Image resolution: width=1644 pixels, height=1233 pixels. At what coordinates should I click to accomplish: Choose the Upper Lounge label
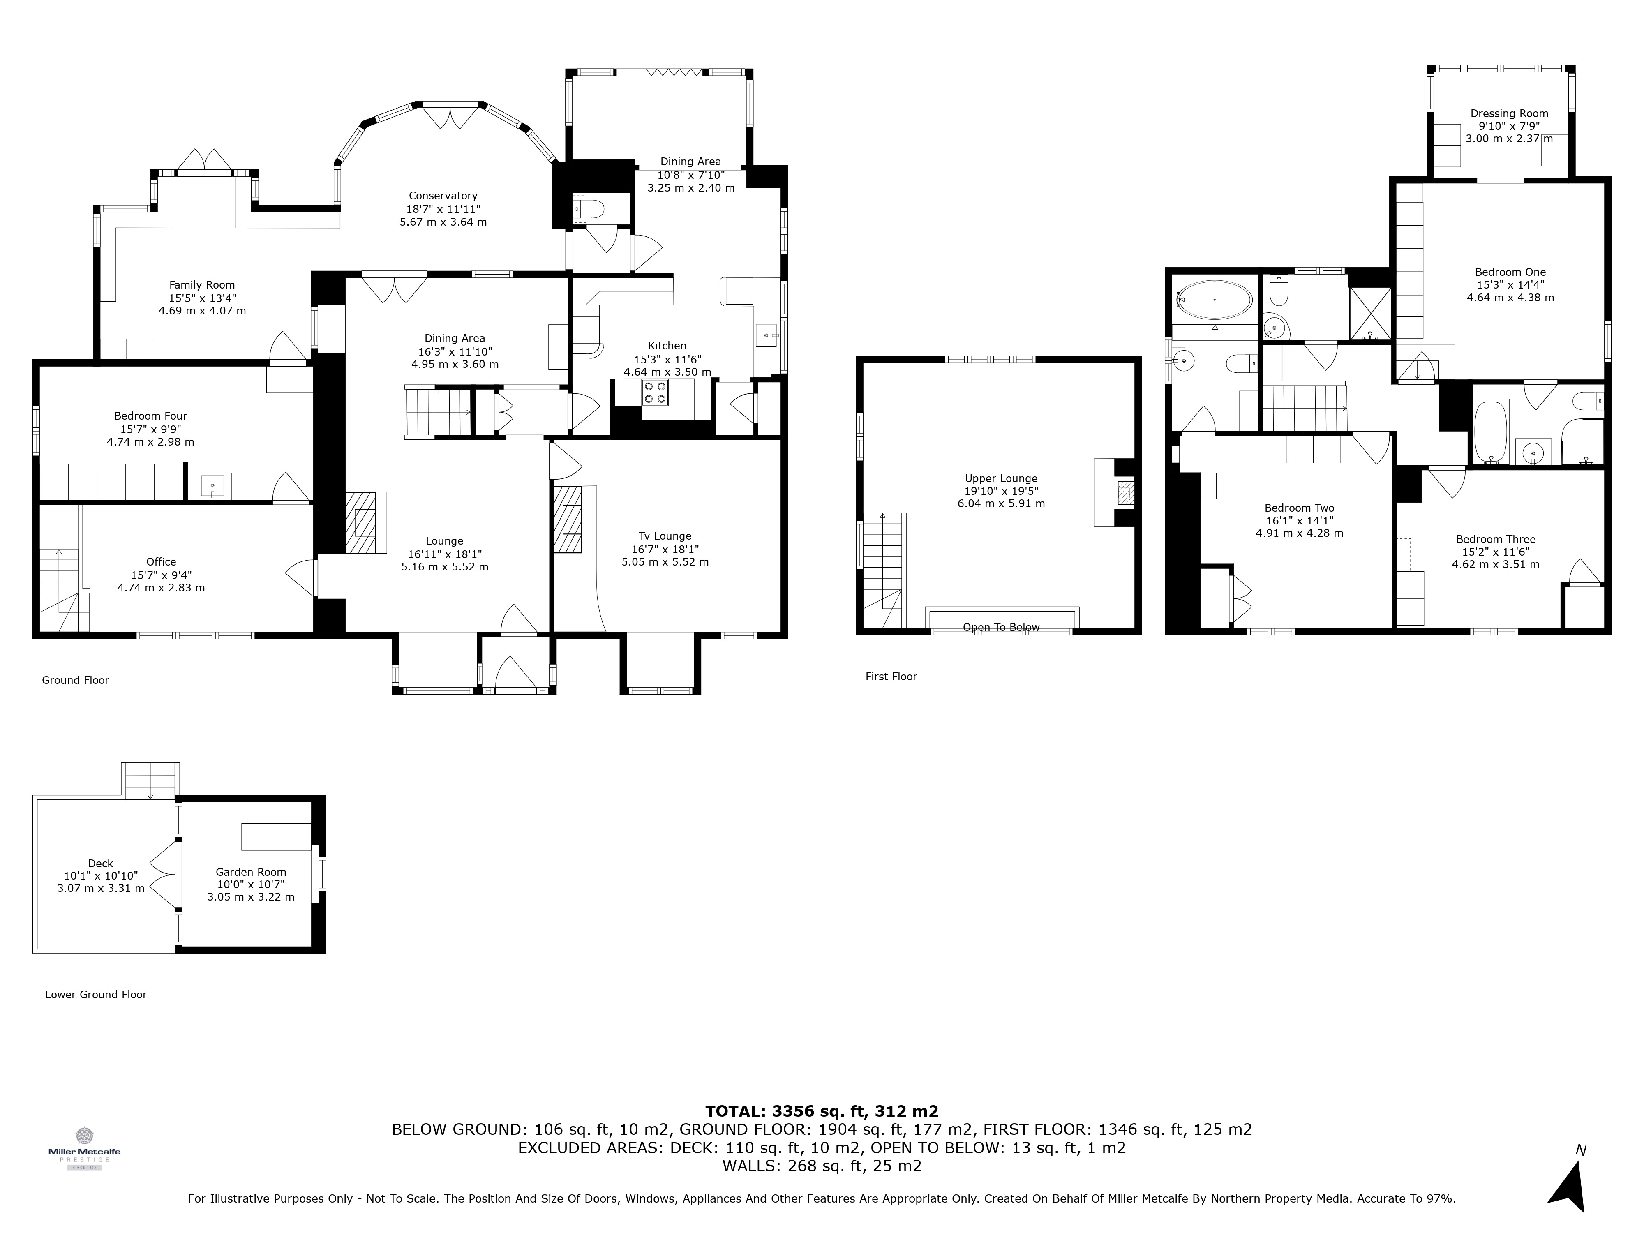(1001, 490)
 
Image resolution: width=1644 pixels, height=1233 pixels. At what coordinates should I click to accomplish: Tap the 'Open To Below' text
(1001, 627)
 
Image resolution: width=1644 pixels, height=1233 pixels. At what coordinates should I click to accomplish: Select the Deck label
(100, 875)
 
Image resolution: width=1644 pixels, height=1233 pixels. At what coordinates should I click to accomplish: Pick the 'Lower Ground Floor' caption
(96, 995)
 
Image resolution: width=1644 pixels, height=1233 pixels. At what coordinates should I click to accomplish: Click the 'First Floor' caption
(891, 677)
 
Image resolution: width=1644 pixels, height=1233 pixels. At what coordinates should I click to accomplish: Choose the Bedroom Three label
(1495, 552)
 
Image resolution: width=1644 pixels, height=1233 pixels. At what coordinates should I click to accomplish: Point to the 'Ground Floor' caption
(75, 680)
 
